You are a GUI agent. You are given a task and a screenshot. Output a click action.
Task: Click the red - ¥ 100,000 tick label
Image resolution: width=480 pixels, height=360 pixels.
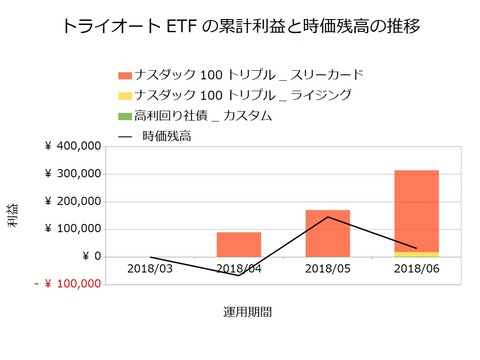coord(67,284)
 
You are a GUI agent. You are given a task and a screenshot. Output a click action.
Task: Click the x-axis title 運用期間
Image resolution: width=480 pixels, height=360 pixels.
coord(248,312)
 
